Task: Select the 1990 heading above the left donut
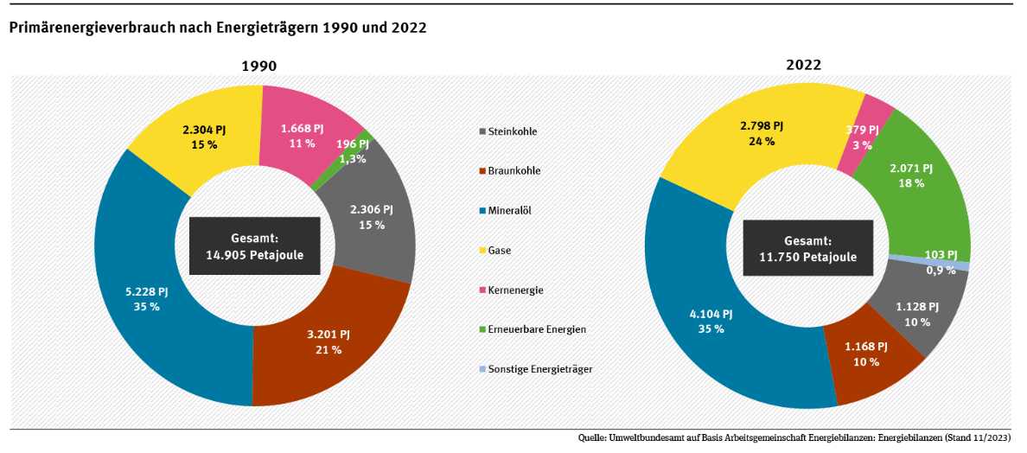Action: [x=258, y=66]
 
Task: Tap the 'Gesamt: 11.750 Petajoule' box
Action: [x=808, y=249]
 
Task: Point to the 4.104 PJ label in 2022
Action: [x=711, y=314]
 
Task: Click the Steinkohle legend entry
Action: [x=513, y=132]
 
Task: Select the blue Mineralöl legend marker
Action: [x=482, y=211]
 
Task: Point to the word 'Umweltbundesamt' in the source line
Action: [x=647, y=439]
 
